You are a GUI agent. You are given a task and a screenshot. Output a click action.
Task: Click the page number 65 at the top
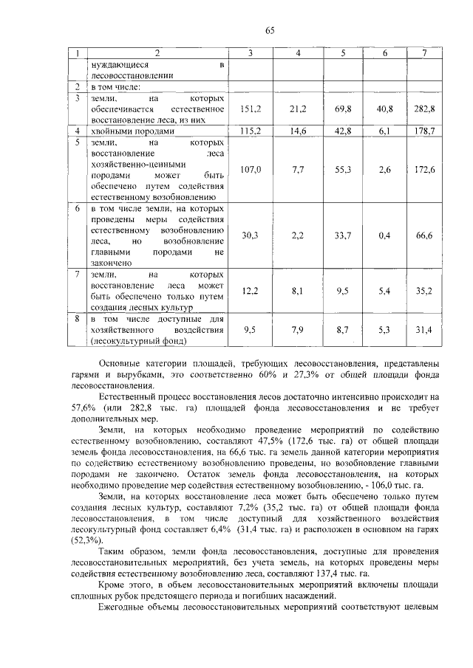pyautogui.click(x=270, y=30)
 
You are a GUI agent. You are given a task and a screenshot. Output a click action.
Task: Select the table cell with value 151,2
pyautogui.click(x=251, y=109)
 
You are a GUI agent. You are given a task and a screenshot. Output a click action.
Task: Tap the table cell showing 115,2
pyautogui.click(x=251, y=131)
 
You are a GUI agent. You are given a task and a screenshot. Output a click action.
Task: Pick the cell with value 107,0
pyautogui.click(x=251, y=170)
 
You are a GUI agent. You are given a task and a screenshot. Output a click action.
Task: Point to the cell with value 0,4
pyautogui.click(x=384, y=235)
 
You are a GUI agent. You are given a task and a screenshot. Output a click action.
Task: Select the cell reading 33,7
pyautogui.click(x=343, y=235)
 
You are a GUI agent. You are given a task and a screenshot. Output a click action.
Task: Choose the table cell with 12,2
pyautogui.click(x=251, y=291)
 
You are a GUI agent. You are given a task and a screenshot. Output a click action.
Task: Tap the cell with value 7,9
pyautogui.click(x=299, y=330)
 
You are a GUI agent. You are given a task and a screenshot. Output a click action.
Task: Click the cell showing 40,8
pyautogui.click(x=384, y=109)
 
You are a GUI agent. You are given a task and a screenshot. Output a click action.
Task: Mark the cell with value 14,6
pyautogui.click(x=299, y=131)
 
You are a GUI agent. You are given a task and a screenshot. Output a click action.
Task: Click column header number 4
pyautogui.click(x=299, y=54)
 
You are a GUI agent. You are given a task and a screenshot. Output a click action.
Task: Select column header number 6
pyautogui.click(x=384, y=54)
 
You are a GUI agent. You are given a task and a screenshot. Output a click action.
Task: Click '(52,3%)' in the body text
pyautogui.click(x=83, y=540)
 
